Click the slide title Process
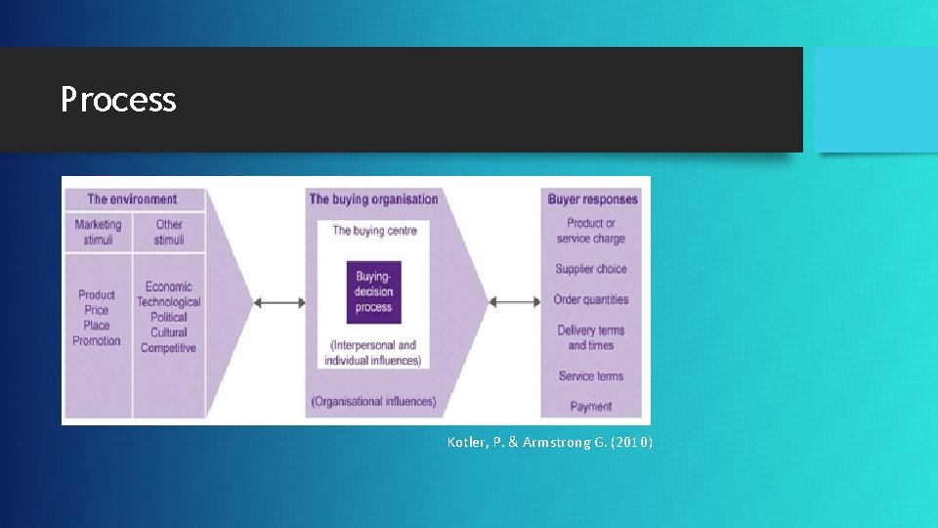click(x=118, y=100)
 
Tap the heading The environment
click(x=132, y=199)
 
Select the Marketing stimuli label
click(x=98, y=232)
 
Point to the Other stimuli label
click(x=169, y=232)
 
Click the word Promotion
click(x=97, y=341)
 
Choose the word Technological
click(x=168, y=302)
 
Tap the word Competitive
click(x=168, y=348)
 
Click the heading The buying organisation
click(x=373, y=199)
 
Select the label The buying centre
click(x=374, y=231)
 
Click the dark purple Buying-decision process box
click(x=374, y=291)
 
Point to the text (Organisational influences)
click(x=373, y=402)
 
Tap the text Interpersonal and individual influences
click(x=373, y=352)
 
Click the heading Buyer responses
click(x=592, y=199)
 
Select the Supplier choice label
click(x=591, y=269)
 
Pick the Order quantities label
click(x=591, y=299)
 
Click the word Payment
click(x=591, y=406)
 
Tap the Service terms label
click(x=591, y=375)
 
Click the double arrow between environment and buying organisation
click(x=279, y=302)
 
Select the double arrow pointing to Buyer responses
click(x=514, y=302)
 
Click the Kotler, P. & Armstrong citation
click(x=550, y=443)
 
